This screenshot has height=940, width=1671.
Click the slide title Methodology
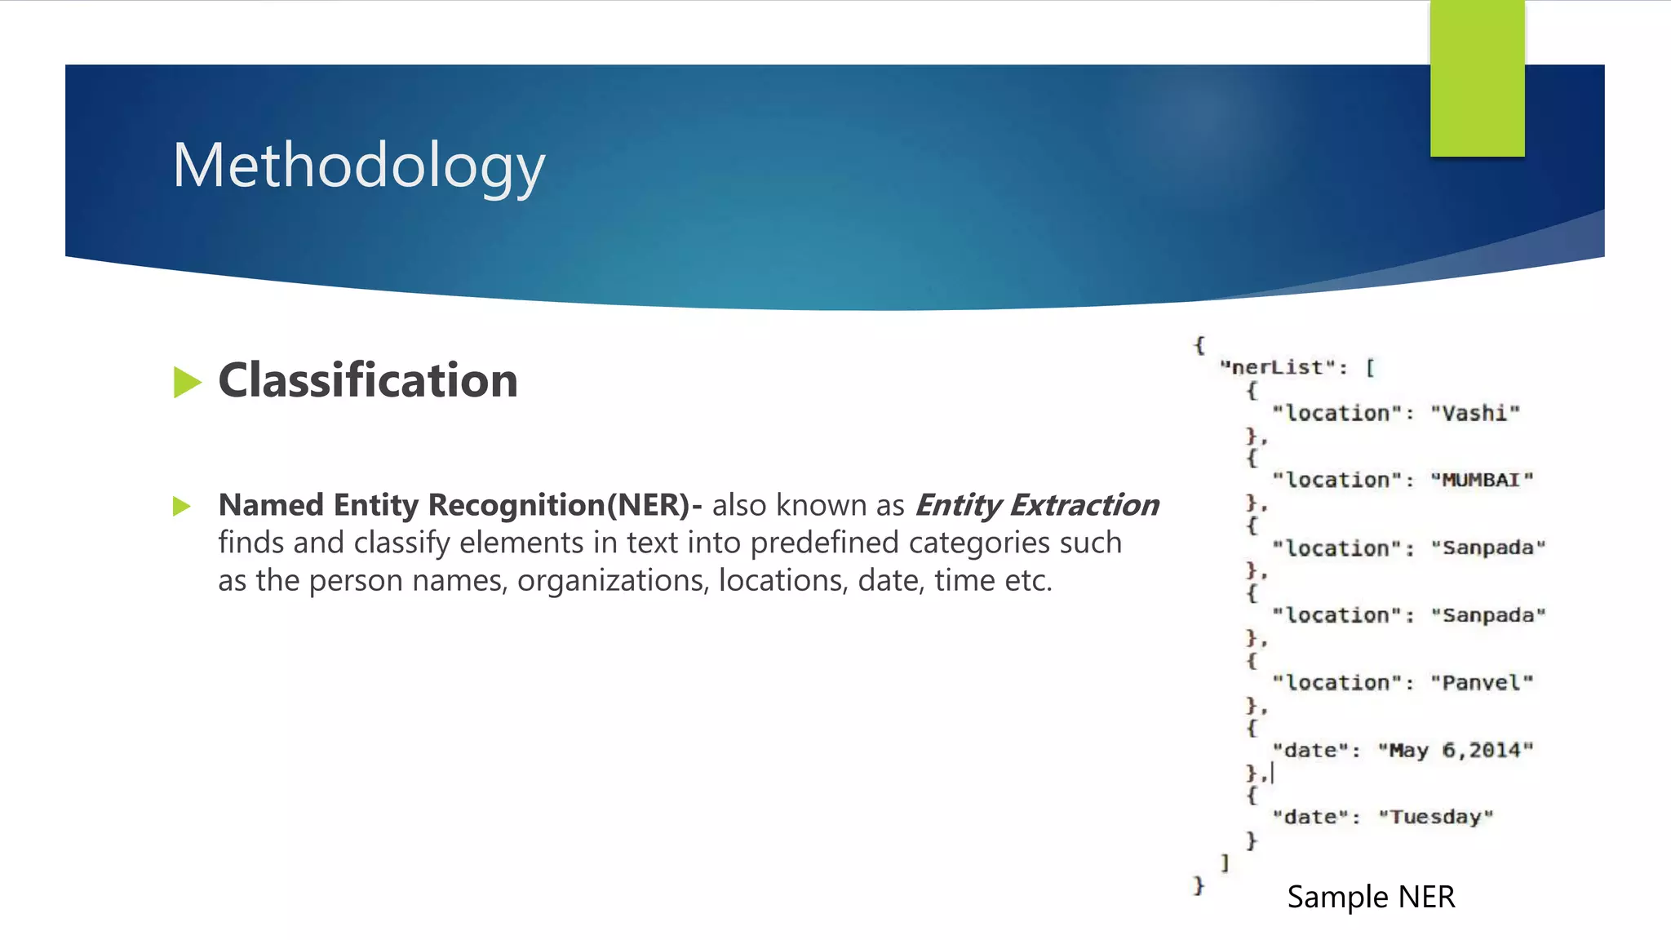point(358,166)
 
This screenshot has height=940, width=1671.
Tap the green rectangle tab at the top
point(1477,78)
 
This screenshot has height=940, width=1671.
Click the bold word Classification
point(368,380)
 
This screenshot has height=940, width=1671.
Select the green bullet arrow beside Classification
point(187,382)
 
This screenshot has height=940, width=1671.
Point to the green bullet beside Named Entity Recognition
point(182,507)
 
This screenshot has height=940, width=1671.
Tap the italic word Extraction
point(1084,505)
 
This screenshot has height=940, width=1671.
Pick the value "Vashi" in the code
point(1475,413)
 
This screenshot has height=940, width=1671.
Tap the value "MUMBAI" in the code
point(1482,480)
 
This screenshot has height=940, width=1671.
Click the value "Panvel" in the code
point(1482,682)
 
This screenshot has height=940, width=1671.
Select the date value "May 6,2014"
point(1456,750)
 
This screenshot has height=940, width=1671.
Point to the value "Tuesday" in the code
point(1435,817)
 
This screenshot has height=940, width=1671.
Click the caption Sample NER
point(1371,897)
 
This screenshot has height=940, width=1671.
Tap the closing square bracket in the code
point(1225,862)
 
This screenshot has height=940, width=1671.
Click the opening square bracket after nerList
point(1371,368)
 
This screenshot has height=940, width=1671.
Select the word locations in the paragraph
point(782,580)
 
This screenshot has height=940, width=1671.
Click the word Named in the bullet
point(271,505)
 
